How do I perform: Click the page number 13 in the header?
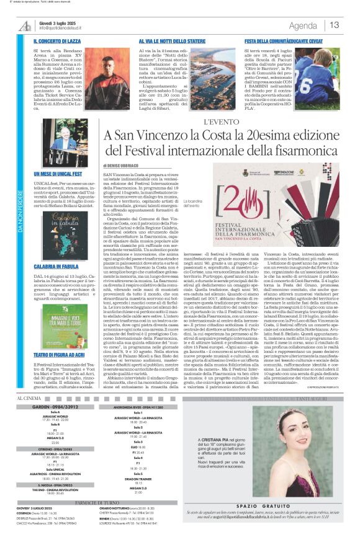click(335, 25)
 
